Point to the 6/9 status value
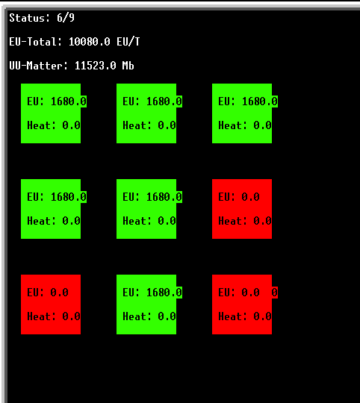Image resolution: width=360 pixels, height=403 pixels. tap(66, 18)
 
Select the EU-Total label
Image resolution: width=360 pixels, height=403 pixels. tap(36, 42)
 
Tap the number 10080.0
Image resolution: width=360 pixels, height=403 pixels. tap(90, 42)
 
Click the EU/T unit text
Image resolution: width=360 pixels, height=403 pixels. tap(128, 42)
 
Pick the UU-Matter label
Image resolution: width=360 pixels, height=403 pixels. tap(38, 66)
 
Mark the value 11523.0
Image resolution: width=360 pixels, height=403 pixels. tap(96, 66)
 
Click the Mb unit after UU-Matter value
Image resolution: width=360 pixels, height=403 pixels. tap(128, 66)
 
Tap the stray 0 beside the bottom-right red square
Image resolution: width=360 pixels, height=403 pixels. tap(275, 293)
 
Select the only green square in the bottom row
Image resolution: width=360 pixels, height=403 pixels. tap(146, 304)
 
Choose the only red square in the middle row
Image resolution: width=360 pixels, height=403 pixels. tap(242, 209)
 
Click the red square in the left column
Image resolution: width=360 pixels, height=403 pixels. tap(51, 304)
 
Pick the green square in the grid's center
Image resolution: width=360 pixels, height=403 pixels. tap(146, 209)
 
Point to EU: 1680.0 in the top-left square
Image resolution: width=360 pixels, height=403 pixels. tap(57, 101)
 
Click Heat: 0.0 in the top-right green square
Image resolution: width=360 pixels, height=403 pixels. tap(245, 125)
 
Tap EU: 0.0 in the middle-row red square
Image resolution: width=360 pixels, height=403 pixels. tap(239, 197)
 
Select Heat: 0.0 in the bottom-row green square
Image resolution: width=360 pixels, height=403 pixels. tap(149, 316)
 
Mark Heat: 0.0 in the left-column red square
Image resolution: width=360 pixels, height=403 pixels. tap(54, 316)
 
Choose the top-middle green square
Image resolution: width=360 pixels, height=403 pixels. tap(146, 113)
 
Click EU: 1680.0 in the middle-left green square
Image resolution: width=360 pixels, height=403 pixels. tap(57, 197)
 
